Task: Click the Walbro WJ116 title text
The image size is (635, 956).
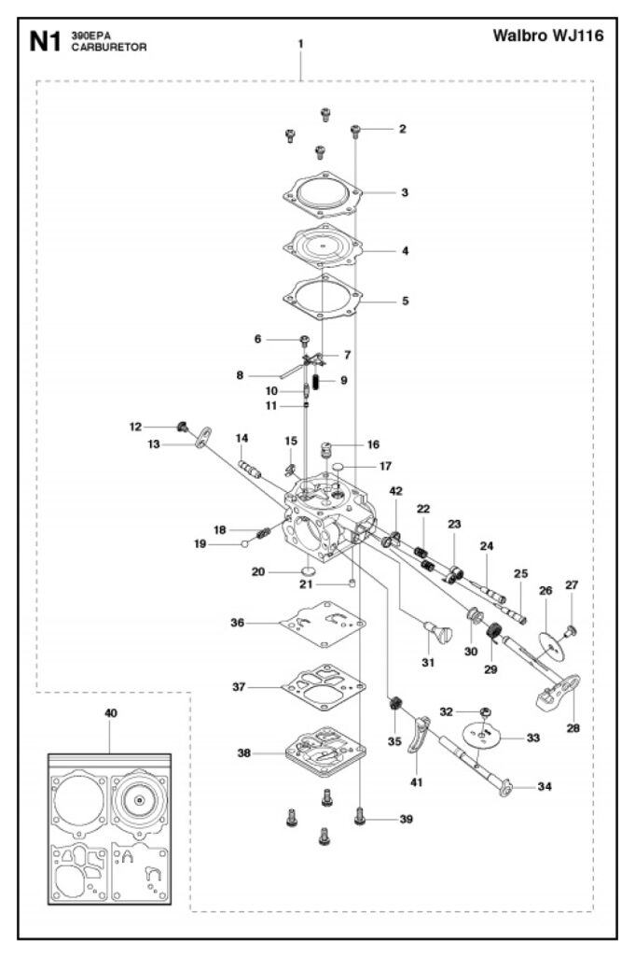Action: pyautogui.click(x=547, y=37)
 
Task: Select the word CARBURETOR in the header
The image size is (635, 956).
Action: pyautogui.click(x=108, y=48)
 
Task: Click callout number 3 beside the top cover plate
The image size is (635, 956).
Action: pyautogui.click(x=405, y=193)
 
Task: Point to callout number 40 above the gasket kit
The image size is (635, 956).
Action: pyautogui.click(x=111, y=712)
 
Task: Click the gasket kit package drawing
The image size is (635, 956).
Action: pyautogui.click(x=111, y=827)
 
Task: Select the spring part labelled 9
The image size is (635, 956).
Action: pyautogui.click(x=317, y=381)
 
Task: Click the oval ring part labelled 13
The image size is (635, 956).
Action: pyautogui.click(x=202, y=437)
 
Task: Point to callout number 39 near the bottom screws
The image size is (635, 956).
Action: pyautogui.click(x=406, y=819)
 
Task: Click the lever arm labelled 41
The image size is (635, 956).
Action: pyautogui.click(x=421, y=738)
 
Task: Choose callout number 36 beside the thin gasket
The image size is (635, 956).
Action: pyautogui.click(x=238, y=623)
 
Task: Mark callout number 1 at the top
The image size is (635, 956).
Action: pyautogui.click(x=300, y=44)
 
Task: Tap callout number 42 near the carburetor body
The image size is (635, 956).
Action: pyautogui.click(x=396, y=491)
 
